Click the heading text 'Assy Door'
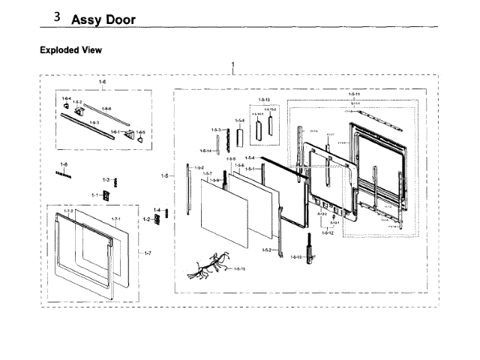pos(103,19)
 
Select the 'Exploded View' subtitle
pos(70,50)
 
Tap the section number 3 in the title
pos(58,16)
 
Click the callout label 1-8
pos(64,164)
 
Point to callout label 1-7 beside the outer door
pos(148,253)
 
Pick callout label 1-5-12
pos(327,232)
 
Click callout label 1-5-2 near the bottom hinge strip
pos(266,249)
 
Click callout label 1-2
pos(147,219)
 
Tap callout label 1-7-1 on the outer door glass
pos(116,219)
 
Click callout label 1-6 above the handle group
pos(103,80)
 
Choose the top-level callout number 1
pos(233,65)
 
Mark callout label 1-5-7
pos(207,173)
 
